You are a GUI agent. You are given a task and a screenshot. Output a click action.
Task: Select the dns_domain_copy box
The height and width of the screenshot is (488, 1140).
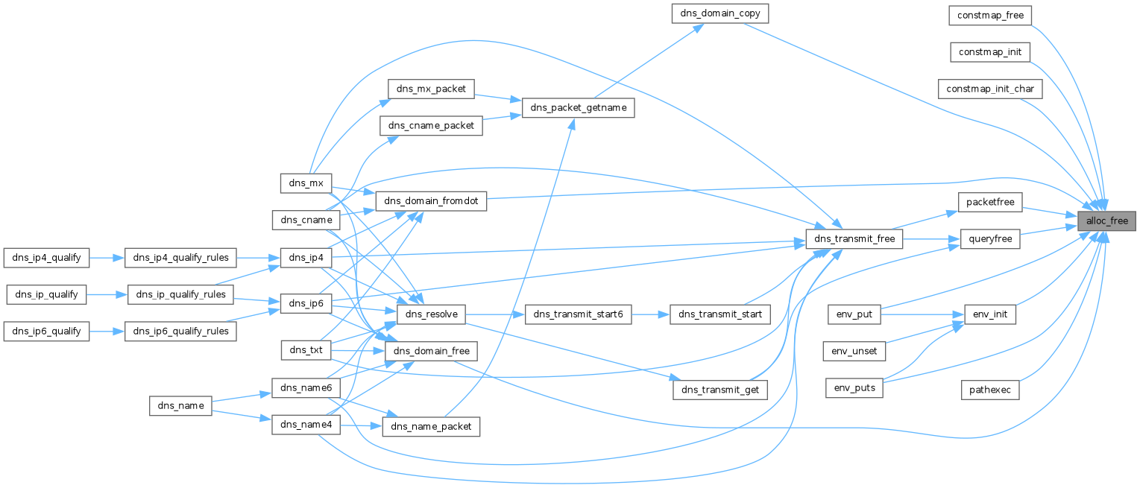[x=719, y=13]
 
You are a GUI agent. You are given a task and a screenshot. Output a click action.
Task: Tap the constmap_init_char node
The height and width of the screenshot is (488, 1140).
[x=990, y=89]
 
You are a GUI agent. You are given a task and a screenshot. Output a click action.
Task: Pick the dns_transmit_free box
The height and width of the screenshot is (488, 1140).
[x=854, y=239]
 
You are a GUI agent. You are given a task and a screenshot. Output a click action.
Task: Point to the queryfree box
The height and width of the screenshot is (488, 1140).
[x=989, y=239]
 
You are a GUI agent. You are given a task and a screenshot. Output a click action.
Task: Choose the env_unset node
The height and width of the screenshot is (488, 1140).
[x=854, y=349]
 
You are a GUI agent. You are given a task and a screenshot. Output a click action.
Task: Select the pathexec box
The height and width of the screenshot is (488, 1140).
[x=990, y=389]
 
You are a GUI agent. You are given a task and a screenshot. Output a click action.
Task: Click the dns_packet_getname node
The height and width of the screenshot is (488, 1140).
[x=579, y=108]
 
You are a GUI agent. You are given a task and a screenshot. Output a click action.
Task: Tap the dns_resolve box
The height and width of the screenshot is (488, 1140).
[x=431, y=314]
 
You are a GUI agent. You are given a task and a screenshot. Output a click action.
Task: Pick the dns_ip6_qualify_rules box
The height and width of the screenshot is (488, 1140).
[x=180, y=331]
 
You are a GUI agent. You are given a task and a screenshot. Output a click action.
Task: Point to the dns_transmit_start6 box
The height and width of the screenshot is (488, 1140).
[x=579, y=314]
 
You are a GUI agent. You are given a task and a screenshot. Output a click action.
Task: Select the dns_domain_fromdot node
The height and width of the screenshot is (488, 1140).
[x=431, y=201]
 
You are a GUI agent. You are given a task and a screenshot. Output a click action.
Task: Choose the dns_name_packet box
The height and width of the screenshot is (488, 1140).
[x=431, y=426]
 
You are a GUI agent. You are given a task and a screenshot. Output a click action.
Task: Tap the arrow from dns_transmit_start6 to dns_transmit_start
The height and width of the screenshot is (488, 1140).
[x=650, y=314]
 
